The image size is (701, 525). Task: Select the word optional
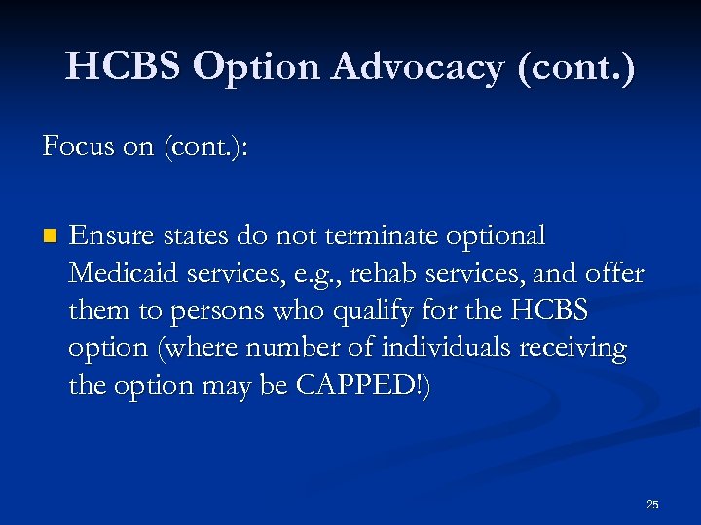click(x=493, y=236)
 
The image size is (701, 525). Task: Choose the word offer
click(x=615, y=274)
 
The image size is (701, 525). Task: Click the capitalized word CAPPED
click(x=357, y=385)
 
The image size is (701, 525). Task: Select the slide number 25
click(x=652, y=505)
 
